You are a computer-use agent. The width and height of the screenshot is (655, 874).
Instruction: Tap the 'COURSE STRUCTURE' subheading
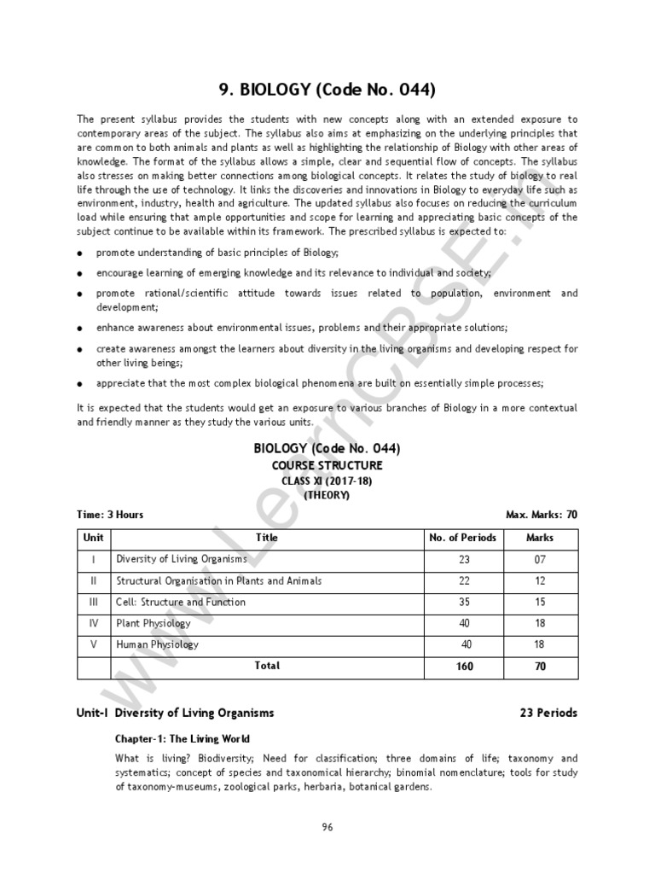327,465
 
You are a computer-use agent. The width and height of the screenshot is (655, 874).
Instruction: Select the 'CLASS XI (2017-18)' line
327,481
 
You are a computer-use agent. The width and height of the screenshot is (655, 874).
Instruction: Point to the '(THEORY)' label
327,495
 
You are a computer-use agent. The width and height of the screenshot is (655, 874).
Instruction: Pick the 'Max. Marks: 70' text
542,515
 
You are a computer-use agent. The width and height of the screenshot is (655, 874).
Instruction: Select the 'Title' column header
267,538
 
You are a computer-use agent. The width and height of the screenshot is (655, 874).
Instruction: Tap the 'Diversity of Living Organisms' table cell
182,559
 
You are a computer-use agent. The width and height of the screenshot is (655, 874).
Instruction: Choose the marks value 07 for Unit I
540,559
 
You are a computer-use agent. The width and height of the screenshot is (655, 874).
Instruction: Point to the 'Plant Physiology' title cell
154,623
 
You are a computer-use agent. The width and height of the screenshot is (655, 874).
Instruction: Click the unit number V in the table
94,644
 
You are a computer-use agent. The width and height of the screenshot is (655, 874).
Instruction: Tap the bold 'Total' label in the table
267,665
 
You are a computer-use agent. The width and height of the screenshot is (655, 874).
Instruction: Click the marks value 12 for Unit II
540,580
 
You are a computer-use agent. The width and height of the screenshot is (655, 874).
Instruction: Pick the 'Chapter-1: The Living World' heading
183,738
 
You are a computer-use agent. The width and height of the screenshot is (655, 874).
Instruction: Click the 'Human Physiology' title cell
157,644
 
